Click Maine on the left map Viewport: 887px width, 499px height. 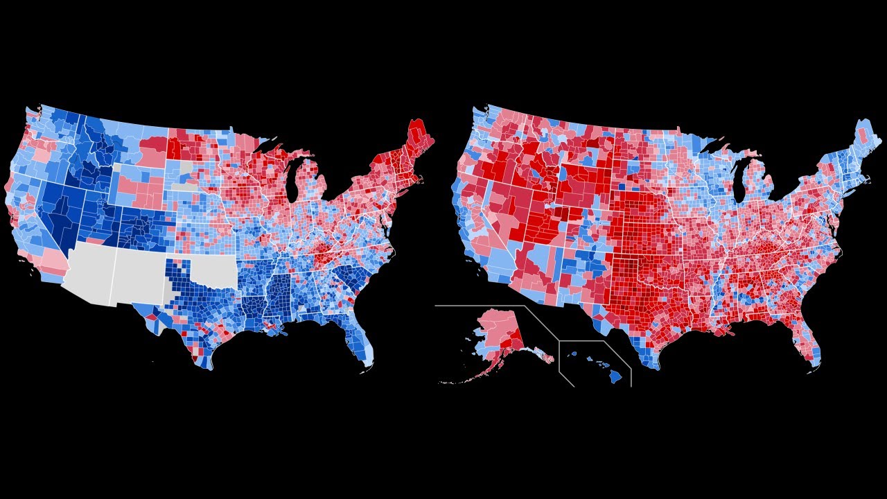point(419,139)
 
